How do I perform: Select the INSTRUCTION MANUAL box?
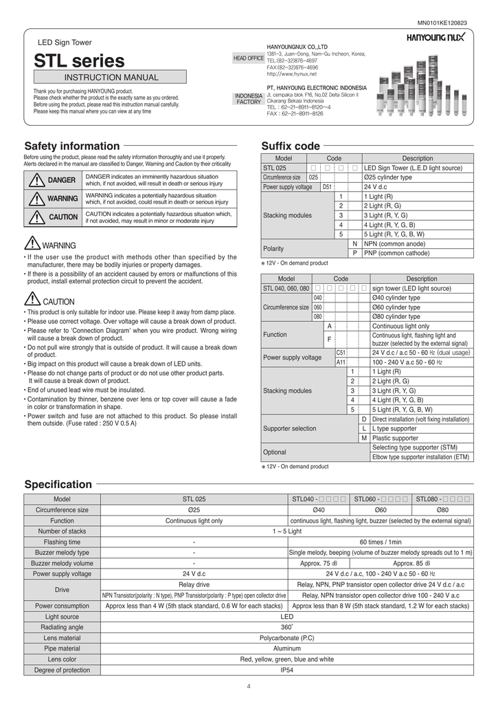coord(111,77)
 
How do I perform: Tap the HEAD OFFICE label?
coord(249,58)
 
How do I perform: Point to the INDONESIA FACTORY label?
coord(249,99)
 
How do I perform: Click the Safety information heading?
coord(71,146)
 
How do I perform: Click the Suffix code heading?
coord(291,146)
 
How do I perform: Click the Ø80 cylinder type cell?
coord(396,316)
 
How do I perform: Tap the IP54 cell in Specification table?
coord(287,670)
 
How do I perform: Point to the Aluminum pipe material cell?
coord(287,648)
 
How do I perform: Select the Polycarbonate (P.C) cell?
coord(287,638)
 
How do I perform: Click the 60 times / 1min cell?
coord(381,542)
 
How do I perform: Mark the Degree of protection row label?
coord(63,670)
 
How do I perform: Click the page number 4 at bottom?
coord(249,687)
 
